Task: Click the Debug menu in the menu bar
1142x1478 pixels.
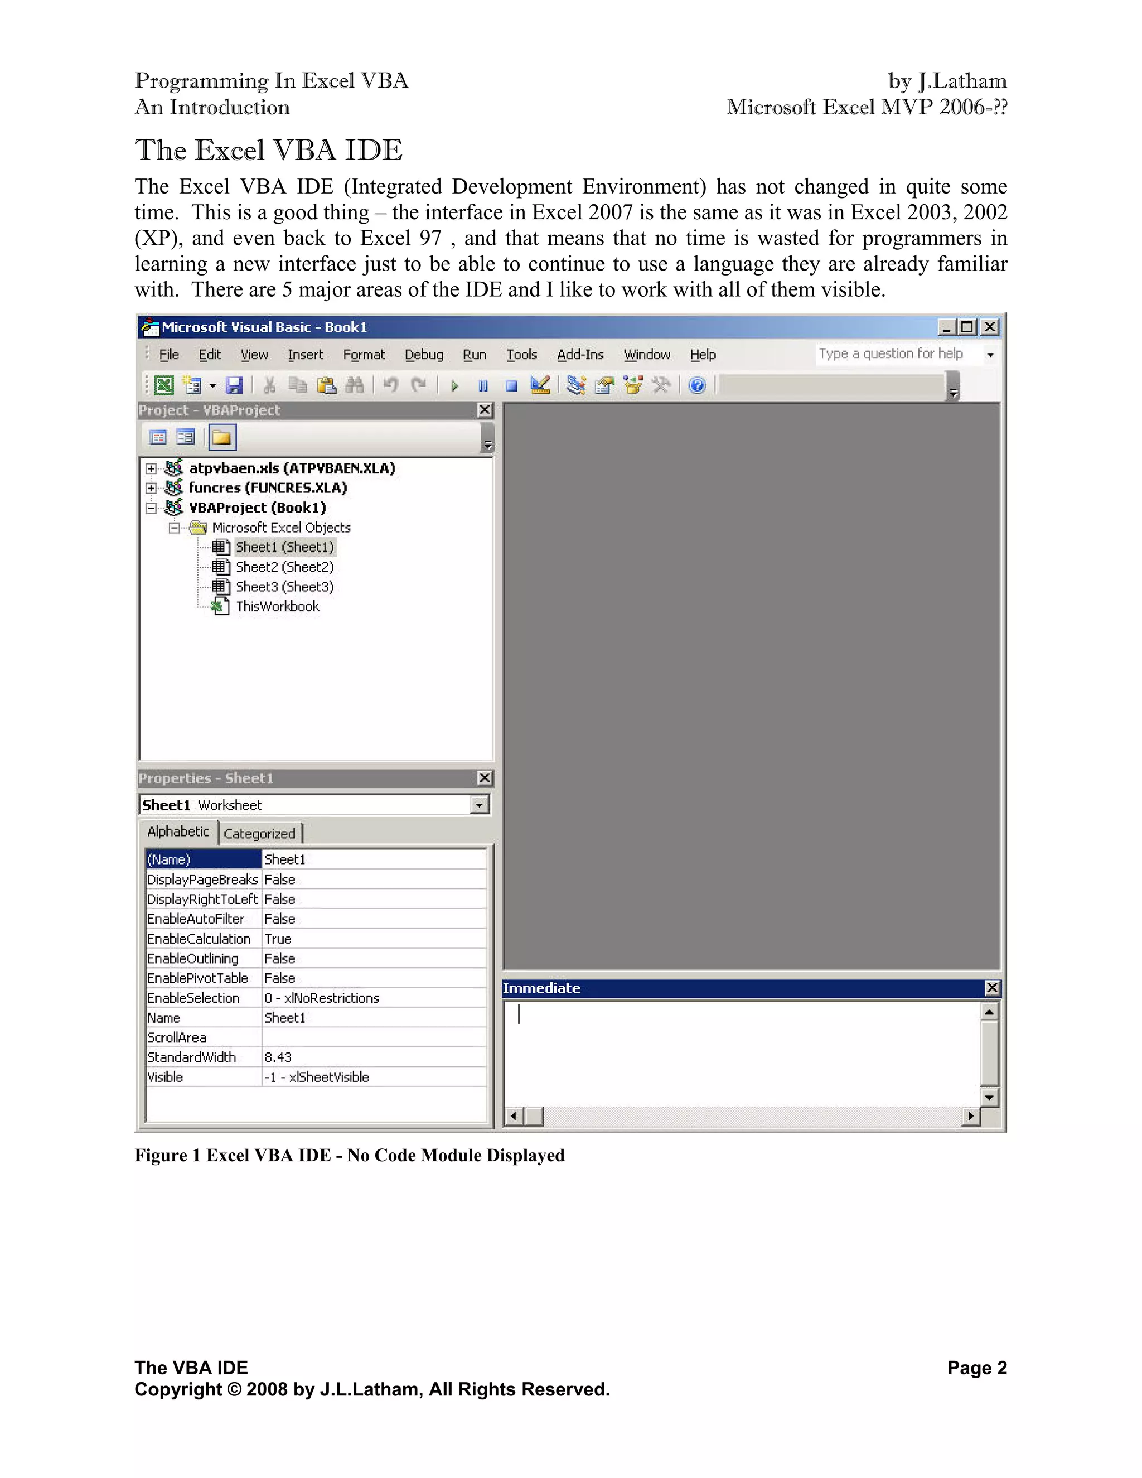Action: (424, 355)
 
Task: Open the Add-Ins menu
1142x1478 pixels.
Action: (580, 355)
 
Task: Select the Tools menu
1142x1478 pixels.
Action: (521, 355)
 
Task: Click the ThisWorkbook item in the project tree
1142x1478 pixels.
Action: (277, 606)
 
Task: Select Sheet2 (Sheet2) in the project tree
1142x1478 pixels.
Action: (284, 567)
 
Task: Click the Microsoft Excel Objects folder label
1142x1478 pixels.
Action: (281, 528)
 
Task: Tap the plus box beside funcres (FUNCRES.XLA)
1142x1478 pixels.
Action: (152, 488)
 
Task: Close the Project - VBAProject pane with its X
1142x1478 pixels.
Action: (485, 410)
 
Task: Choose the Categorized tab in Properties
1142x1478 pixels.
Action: (259, 834)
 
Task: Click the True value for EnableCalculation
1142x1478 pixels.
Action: (277, 939)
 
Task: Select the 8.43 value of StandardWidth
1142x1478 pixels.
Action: (277, 1057)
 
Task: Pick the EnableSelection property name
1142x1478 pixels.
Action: (193, 998)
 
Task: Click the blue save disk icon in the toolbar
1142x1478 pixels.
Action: (234, 386)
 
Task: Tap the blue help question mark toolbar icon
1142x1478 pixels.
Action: (697, 386)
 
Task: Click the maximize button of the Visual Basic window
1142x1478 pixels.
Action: (967, 327)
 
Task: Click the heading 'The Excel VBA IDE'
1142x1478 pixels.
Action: (269, 150)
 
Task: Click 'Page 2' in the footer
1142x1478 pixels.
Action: (976, 1368)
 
